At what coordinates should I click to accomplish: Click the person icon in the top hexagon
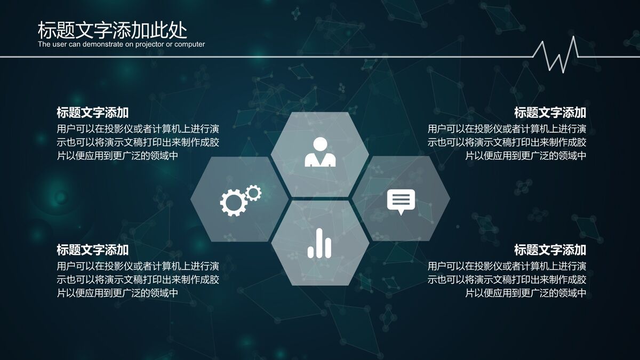(x=320, y=152)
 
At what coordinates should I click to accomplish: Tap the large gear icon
(x=233, y=202)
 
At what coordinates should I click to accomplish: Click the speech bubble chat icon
(x=401, y=201)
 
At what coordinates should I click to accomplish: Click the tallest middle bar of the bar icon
(x=319, y=243)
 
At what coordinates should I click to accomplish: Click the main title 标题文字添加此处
(x=112, y=30)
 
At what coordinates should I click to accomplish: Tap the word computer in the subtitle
(x=189, y=44)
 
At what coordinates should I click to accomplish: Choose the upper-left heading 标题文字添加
(x=93, y=113)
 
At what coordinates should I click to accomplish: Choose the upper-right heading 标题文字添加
(x=550, y=113)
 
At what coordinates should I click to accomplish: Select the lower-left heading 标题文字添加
(x=93, y=250)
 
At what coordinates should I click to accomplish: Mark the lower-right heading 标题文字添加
(x=550, y=250)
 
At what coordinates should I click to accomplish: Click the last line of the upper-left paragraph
(x=117, y=156)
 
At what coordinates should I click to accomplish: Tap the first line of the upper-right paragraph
(x=507, y=129)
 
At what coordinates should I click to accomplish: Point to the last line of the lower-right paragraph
(x=526, y=293)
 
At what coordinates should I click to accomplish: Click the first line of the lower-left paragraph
(x=138, y=266)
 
